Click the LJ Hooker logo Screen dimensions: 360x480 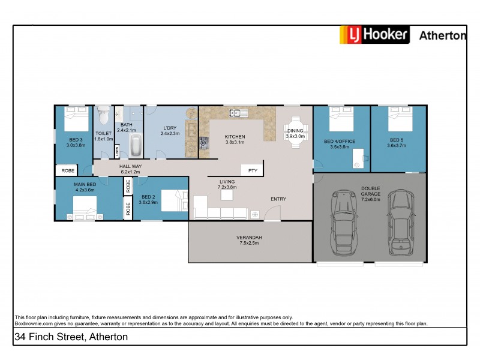(374, 35)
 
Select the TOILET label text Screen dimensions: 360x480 (104, 133)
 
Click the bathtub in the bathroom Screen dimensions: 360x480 (135, 145)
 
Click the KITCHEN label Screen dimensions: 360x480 (235, 137)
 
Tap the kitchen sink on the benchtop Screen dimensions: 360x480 (237, 112)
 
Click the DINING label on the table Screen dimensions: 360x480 (295, 130)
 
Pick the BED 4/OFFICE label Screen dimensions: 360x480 (340, 142)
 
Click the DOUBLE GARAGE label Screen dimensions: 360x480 (370, 191)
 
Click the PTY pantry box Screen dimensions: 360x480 (253, 170)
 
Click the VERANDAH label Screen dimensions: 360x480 (248, 238)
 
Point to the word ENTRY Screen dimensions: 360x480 (278, 199)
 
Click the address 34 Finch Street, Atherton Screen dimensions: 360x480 (71, 337)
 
